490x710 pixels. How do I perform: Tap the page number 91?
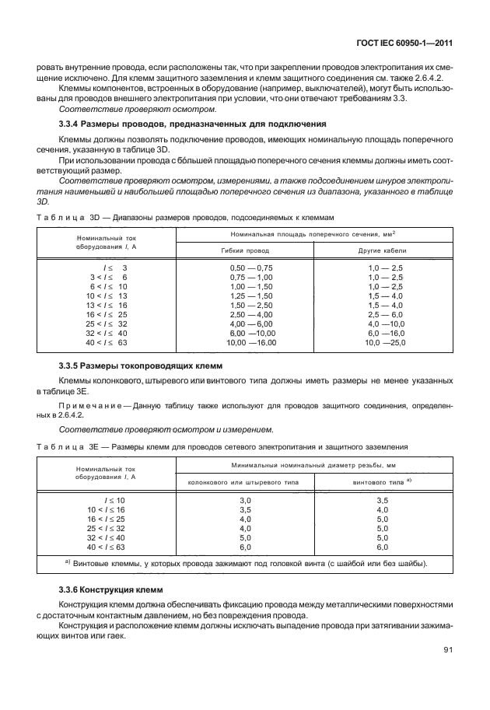(448, 672)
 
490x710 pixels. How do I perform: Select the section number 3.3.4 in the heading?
(72, 124)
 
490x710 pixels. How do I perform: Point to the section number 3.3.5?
(72, 365)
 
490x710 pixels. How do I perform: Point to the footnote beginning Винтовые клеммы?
(249, 563)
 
